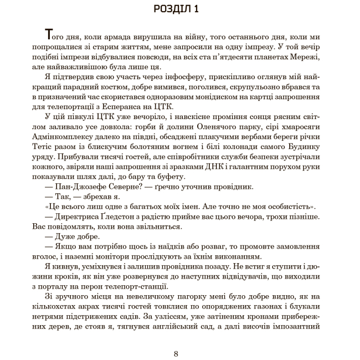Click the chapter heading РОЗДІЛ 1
pyautogui.click(x=179, y=9)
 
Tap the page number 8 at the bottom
pyautogui.click(x=176, y=354)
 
